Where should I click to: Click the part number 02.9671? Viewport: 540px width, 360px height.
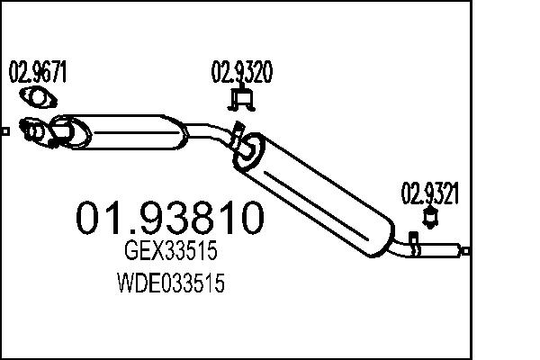coord(37,73)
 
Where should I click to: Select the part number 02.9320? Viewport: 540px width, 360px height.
coord(241,73)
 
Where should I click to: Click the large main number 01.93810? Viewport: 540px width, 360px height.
coord(170,219)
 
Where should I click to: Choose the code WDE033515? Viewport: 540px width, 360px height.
coord(170,285)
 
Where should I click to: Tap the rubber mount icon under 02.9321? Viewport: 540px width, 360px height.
coord(430,216)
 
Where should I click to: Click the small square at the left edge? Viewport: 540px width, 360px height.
coord(4,132)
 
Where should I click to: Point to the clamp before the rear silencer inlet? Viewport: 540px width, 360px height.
coord(235,135)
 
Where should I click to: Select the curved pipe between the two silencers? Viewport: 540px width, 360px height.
coord(211,132)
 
